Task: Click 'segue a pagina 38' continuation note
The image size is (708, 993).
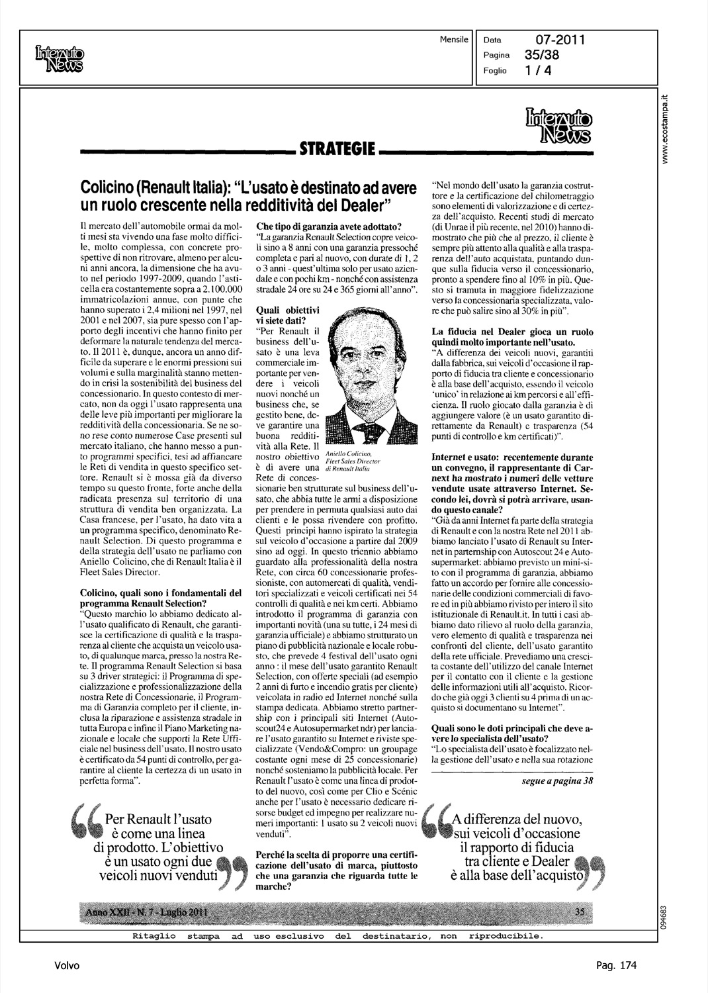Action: (x=557, y=781)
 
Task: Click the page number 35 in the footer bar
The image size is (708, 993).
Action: (x=580, y=912)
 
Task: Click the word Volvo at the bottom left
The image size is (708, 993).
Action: (x=67, y=966)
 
